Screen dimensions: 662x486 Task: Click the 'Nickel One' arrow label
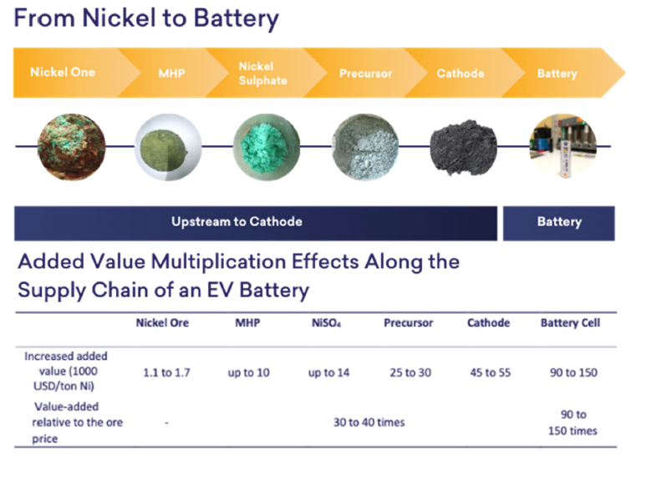pos(63,72)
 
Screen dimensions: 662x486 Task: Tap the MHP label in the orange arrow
pos(172,73)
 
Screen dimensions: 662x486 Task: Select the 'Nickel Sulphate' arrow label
pos(262,73)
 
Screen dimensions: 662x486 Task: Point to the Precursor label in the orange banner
pos(365,73)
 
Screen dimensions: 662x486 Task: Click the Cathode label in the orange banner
pos(461,73)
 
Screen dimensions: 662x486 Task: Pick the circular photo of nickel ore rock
pos(71,147)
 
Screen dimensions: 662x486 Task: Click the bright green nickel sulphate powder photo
pos(267,147)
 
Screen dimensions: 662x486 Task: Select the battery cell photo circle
pos(563,146)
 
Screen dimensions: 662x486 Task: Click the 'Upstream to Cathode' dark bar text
pos(237,221)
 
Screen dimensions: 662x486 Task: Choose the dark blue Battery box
pos(559,223)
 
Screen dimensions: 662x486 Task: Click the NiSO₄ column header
pos(326,323)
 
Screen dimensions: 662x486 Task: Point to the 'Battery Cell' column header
pos(570,323)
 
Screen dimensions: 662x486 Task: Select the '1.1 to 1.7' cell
pos(166,372)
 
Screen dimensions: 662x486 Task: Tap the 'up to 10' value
pos(248,373)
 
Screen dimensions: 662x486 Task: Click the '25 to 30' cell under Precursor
pos(410,372)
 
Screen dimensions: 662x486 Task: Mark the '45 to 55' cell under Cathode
pos(490,372)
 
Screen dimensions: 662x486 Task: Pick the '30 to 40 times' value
pos(369,423)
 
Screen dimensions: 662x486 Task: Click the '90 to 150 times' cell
pos(573,423)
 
